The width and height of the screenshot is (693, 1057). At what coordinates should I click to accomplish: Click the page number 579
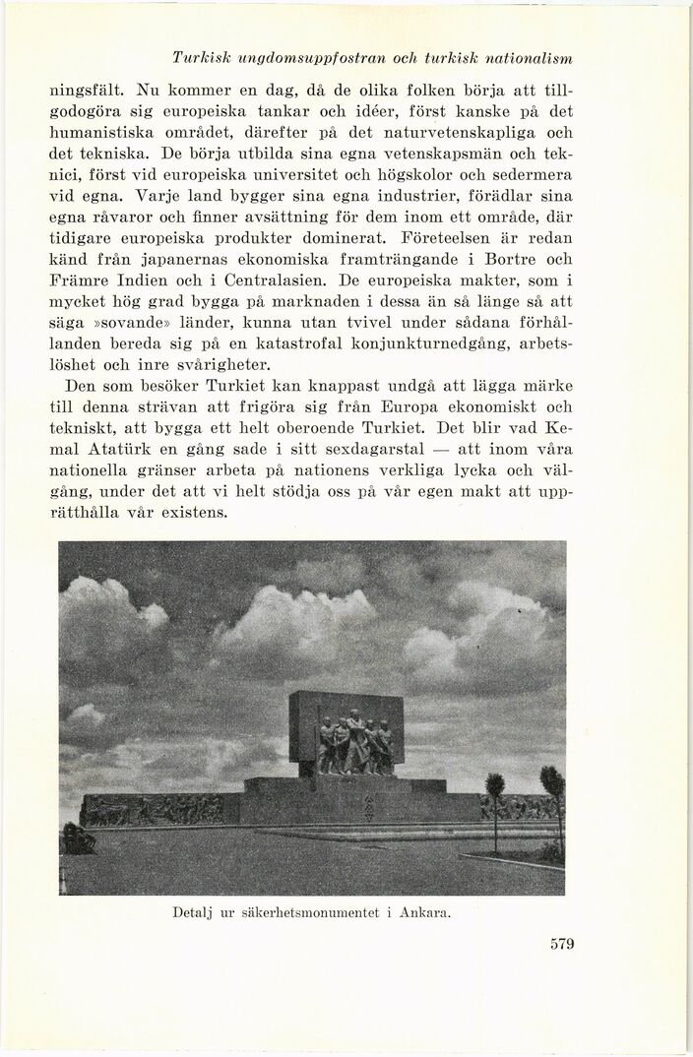coord(561,945)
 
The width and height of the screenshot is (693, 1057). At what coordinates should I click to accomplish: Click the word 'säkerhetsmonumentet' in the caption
coord(307,912)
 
